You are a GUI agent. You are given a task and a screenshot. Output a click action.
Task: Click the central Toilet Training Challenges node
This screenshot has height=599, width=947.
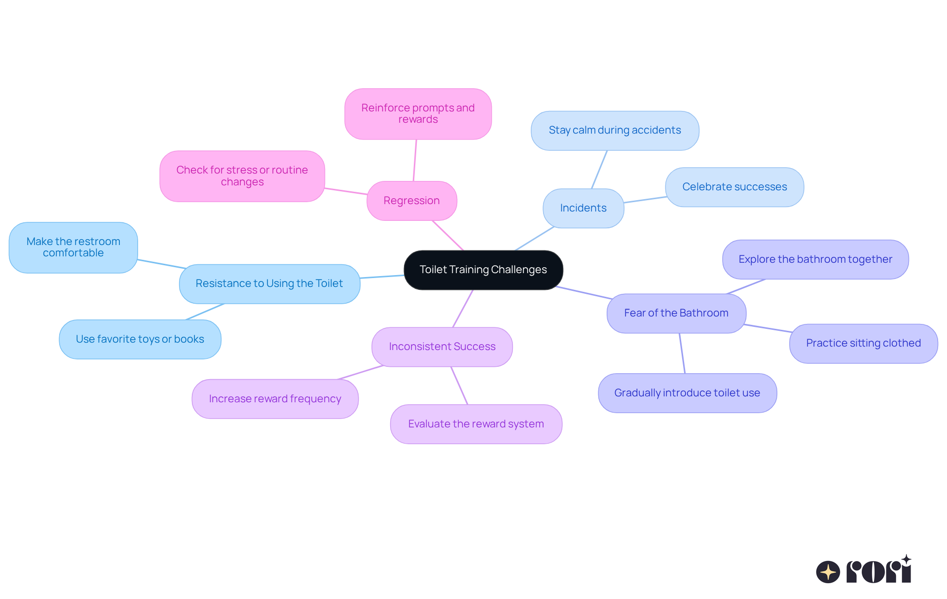(483, 270)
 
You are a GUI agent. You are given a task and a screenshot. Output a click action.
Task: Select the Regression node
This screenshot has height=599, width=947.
(412, 201)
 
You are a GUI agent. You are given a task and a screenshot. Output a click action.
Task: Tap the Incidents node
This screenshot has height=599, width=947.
(583, 208)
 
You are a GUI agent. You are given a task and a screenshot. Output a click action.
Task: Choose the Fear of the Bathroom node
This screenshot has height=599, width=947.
(676, 313)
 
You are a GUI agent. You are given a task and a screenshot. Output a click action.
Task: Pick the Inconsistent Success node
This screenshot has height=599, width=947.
(442, 347)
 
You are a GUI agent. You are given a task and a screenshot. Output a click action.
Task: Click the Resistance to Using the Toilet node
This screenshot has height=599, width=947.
(269, 283)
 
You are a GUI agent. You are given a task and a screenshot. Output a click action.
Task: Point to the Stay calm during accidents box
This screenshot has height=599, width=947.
(615, 130)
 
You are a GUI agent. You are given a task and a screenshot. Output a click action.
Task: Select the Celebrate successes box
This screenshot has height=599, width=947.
(734, 187)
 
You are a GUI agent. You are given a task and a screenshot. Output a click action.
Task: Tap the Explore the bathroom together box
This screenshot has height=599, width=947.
(815, 259)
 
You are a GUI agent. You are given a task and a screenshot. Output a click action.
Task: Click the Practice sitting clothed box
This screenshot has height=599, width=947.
(864, 343)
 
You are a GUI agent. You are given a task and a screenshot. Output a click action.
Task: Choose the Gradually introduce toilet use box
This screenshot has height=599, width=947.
(688, 393)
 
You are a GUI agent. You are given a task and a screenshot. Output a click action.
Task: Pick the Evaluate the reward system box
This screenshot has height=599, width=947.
(476, 424)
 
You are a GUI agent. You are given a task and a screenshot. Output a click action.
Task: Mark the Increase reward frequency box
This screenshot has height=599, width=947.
(275, 399)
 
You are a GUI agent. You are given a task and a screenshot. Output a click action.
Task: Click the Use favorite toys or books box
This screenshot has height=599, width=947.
(140, 339)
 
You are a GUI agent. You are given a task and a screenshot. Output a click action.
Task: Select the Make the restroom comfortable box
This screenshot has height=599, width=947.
(73, 247)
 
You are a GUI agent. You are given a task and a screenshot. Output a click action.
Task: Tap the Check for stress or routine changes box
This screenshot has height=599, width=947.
(242, 176)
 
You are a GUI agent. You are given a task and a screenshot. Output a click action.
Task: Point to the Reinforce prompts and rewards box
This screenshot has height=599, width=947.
(418, 114)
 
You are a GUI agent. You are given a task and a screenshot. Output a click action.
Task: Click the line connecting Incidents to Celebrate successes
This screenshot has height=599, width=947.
(645, 200)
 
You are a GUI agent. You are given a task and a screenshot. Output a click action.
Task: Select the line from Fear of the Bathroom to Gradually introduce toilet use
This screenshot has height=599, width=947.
(682, 353)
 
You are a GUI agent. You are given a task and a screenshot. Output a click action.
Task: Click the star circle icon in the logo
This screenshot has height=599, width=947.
(828, 572)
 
